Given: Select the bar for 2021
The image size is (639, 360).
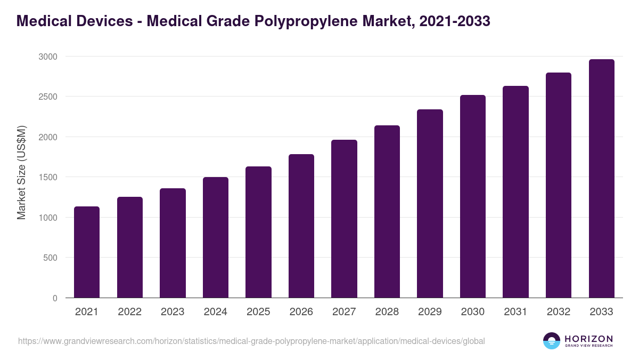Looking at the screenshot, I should pyautogui.click(x=87, y=252).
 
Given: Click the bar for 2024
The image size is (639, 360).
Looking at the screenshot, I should pyautogui.click(x=216, y=237).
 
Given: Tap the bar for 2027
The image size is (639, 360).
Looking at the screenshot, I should pyautogui.click(x=344, y=219).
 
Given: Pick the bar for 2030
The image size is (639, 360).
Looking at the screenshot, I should pyautogui.click(x=473, y=196).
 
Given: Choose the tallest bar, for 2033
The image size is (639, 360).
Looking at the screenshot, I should pyautogui.click(x=601, y=179).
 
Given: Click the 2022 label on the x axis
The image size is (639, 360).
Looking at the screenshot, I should pyautogui.click(x=129, y=312).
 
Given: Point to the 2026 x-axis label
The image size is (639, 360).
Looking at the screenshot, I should pyautogui.click(x=301, y=312).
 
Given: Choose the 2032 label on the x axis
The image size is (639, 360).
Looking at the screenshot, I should pyautogui.click(x=559, y=312).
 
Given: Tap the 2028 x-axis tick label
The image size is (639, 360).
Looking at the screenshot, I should pyautogui.click(x=387, y=312).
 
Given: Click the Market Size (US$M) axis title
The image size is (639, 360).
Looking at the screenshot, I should pyautogui.click(x=21, y=173).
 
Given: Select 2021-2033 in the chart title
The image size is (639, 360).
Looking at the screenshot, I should pyautogui.click(x=454, y=21).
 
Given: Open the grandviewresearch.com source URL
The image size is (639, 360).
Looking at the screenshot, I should pyautogui.click(x=251, y=341).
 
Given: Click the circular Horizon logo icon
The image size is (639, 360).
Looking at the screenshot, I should pyautogui.click(x=551, y=341).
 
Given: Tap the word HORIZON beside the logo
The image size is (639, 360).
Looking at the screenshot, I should pyautogui.click(x=588, y=339).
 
